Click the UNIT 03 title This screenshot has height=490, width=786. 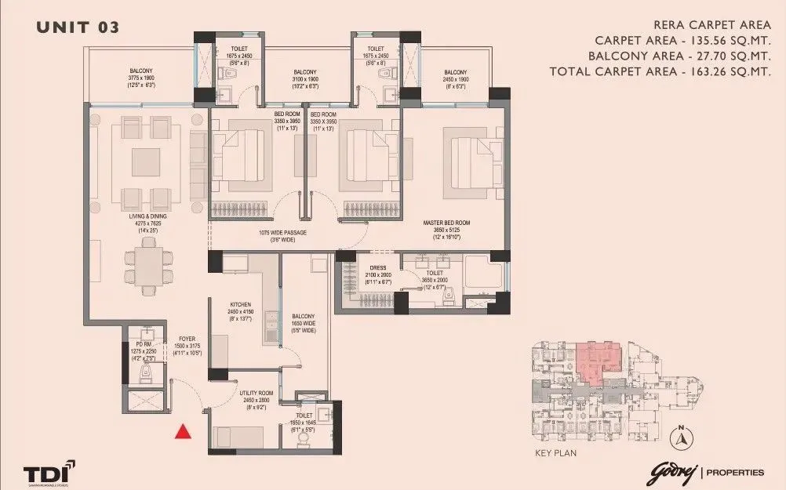click(x=78, y=27)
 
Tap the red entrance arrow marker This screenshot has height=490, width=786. click(x=183, y=430)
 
